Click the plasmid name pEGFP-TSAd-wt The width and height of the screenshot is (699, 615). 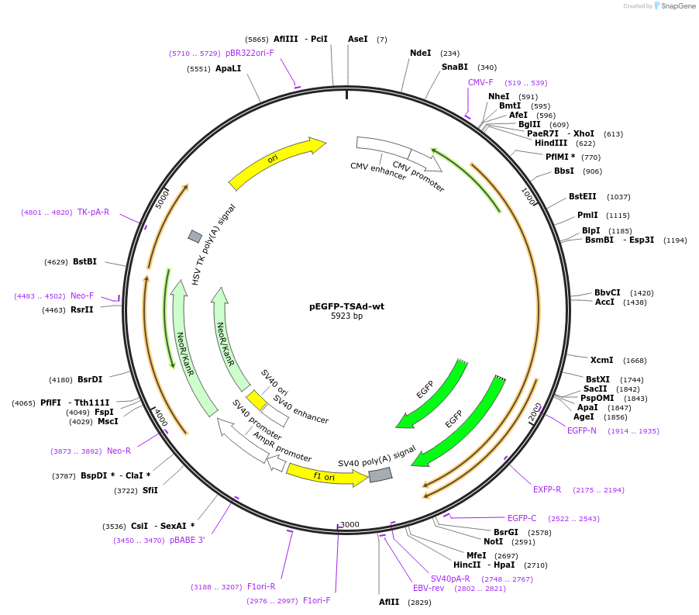pyautogui.click(x=346, y=306)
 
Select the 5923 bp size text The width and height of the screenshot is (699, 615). pyautogui.click(x=346, y=316)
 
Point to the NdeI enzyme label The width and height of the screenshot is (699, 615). pyautogui.click(x=420, y=54)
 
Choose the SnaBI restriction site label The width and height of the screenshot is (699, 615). pyautogui.click(x=455, y=67)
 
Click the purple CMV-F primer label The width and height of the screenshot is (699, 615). pyautogui.click(x=480, y=82)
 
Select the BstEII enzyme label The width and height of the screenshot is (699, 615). pyautogui.click(x=583, y=197)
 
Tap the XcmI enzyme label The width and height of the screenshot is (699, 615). pyautogui.click(x=601, y=360)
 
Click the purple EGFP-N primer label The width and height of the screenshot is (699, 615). pyautogui.click(x=582, y=430)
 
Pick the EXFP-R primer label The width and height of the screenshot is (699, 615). pyautogui.click(x=547, y=489)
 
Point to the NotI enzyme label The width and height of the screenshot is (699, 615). pyautogui.click(x=493, y=542)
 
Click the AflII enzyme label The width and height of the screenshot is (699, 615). pyautogui.click(x=389, y=602)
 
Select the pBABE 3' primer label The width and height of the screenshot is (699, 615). pyautogui.click(x=187, y=540)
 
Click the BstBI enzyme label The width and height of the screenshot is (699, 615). pyautogui.click(x=84, y=261)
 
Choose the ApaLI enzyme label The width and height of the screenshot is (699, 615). pyautogui.click(x=228, y=69)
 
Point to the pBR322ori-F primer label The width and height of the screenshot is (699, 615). pyautogui.click(x=250, y=53)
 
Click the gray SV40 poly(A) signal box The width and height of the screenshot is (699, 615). pyautogui.click(x=380, y=475)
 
